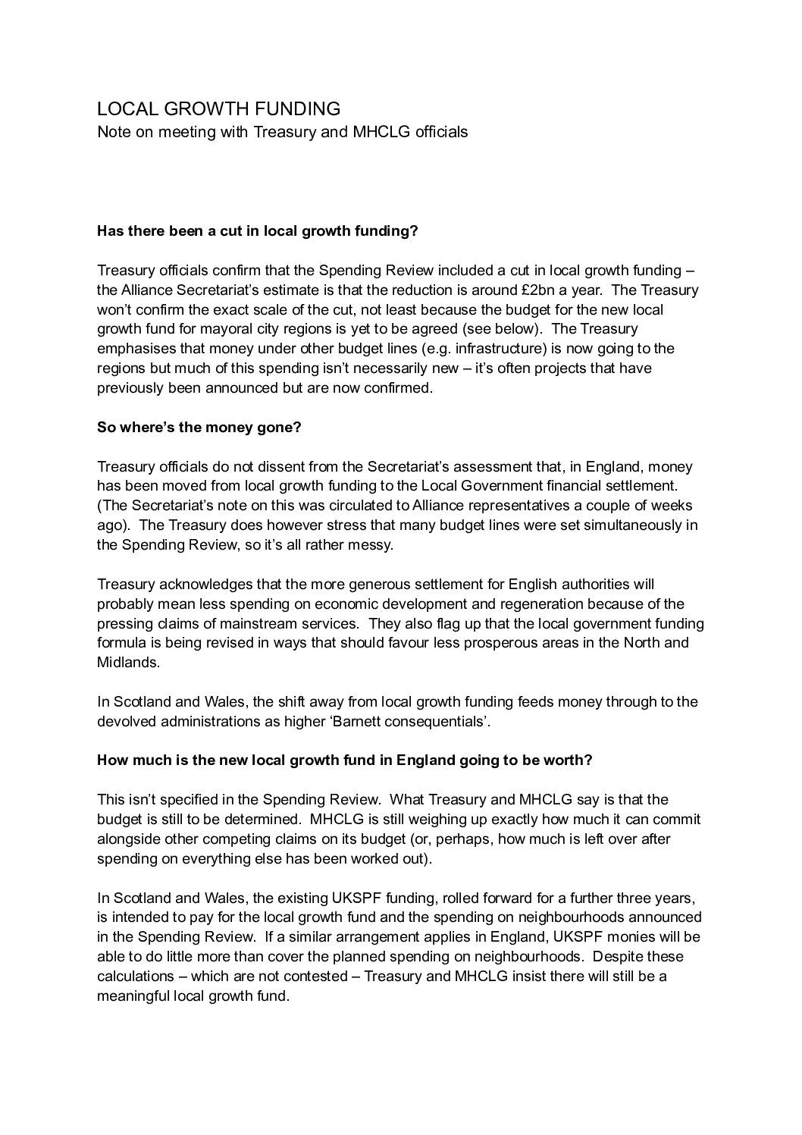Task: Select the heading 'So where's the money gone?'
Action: (x=199, y=427)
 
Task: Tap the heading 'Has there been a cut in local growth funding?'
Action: (x=258, y=230)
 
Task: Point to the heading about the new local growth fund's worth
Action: (x=344, y=760)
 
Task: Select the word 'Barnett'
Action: (x=353, y=721)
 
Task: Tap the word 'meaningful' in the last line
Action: (x=132, y=995)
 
